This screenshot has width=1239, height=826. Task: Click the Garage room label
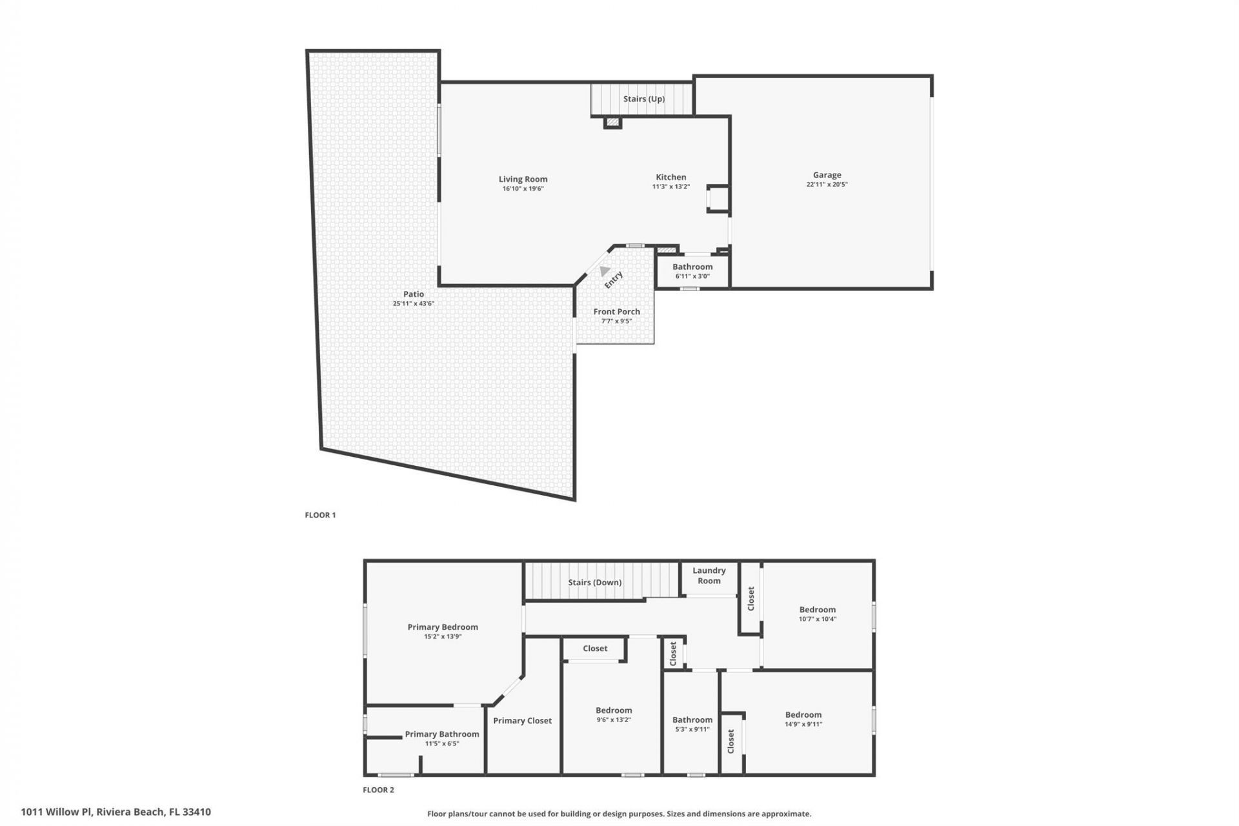(827, 175)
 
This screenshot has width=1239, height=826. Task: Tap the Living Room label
(523, 179)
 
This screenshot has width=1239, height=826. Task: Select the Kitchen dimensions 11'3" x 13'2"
(670, 187)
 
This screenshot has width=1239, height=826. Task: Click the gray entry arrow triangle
(604, 271)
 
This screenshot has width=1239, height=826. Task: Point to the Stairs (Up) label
(643, 99)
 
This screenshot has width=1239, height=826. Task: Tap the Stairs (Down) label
(594, 582)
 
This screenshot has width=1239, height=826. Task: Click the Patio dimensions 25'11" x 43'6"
(413, 303)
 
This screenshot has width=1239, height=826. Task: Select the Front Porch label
(616, 312)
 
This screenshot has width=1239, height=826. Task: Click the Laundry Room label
(709, 576)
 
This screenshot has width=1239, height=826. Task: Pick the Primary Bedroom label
(443, 627)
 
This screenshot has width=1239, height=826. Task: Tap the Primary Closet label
(522, 721)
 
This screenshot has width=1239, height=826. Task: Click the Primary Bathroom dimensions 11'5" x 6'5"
(441, 743)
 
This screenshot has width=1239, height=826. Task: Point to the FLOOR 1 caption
(320, 515)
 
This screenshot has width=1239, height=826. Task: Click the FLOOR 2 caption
(378, 790)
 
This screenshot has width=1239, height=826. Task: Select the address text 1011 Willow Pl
(57, 812)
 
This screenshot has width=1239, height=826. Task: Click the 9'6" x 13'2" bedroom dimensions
(613, 720)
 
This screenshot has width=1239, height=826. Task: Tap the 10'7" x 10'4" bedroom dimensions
(817, 619)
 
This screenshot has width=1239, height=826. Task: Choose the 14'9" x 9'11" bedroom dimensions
(803, 724)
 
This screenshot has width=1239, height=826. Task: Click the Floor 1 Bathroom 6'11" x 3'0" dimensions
(692, 276)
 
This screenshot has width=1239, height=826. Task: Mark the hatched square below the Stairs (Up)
(612, 122)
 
